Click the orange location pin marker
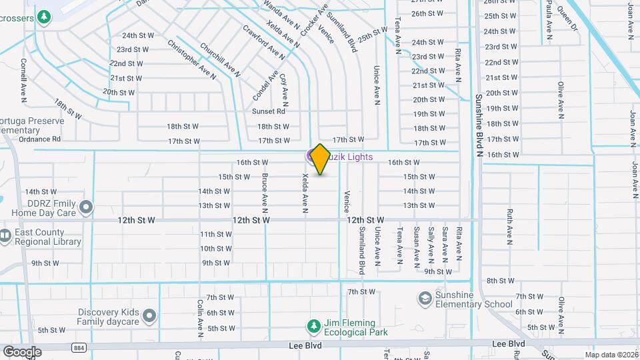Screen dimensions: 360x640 pyautogui.click(x=320, y=159)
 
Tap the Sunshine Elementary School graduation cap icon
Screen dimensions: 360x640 pyautogui.click(x=425, y=297)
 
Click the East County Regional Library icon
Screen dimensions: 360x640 pyautogui.click(x=5, y=235)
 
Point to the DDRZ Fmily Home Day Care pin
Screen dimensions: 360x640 pyautogui.click(x=86, y=208)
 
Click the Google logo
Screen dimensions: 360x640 pyautogui.click(x=22, y=351)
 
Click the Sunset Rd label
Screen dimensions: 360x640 pyautogui.click(x=273, y=111)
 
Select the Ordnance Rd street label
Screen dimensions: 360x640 pyautogui.click(x=40, y=139)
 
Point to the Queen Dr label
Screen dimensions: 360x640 pyautogui.click(x=567, y=19)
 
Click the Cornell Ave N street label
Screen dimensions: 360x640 pyautogui.click(x=24, y=80)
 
